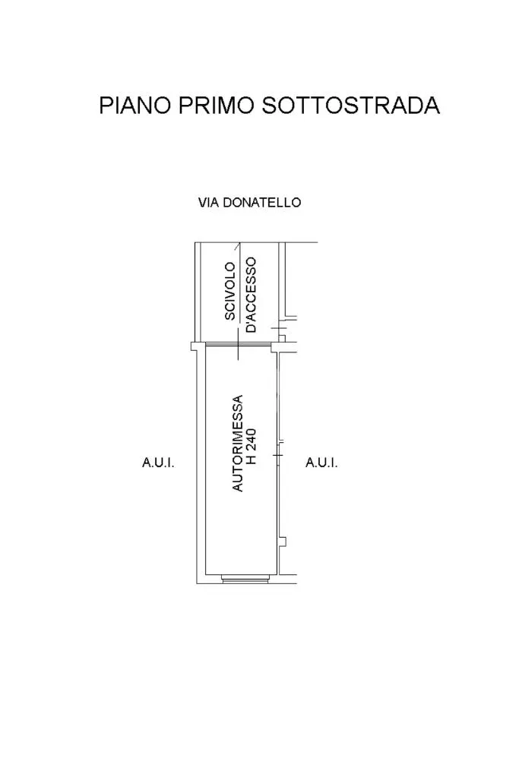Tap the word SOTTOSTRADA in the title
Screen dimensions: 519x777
[350, 105]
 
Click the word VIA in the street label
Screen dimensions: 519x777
[208, 203]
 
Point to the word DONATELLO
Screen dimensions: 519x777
[261, 203]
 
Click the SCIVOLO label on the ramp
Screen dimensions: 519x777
[230, 291]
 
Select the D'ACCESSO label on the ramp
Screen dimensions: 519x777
[252, 295]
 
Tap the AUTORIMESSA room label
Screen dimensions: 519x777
[238, 443]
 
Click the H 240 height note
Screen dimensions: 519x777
[252, 447]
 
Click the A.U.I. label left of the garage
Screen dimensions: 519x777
[158, 463]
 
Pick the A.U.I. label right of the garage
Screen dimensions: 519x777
[321, 463]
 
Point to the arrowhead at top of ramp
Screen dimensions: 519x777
[239, 245]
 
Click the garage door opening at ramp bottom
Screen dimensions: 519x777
[238, 344]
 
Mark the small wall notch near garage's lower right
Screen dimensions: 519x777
[283, 541]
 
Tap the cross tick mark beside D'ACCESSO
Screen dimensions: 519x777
[277, 327]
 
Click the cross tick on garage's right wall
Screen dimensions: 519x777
[279, 454]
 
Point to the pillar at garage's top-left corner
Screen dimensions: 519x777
[197, 346]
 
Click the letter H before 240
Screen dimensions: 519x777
[252, 460]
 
